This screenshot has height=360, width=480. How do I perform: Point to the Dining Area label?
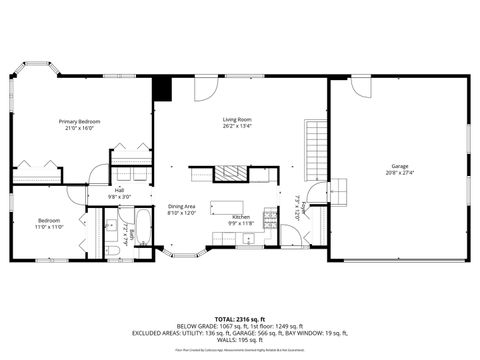(x=181, y=206)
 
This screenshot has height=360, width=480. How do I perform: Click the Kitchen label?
(x=241, y=217)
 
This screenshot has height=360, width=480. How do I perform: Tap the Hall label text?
(x=119, y=190)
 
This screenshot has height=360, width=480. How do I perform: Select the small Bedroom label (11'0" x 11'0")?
(x=50, y=220)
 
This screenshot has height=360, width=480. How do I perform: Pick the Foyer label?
(x=303, y=207)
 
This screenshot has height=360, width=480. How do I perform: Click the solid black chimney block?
(x=163, y=88)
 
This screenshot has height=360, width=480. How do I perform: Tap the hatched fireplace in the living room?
(x=231, y=173)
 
